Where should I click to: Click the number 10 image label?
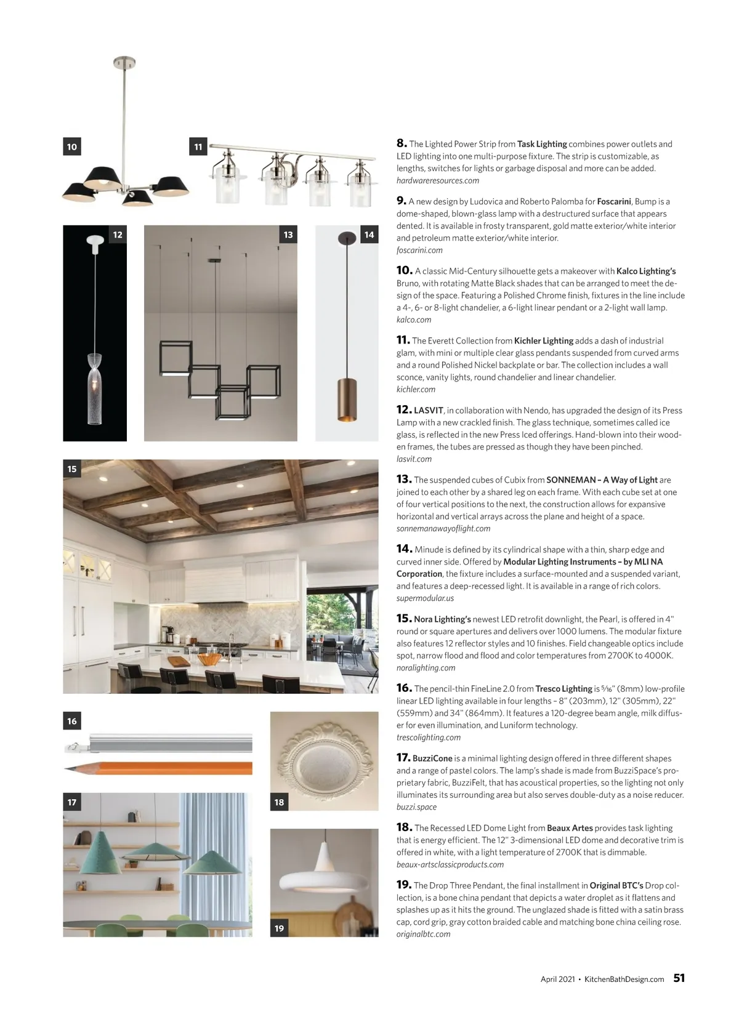[72, 147]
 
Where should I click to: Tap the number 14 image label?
[369, 235]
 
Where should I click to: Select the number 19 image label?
[279, 928]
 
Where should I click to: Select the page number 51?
[679, 978]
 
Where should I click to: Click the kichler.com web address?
[416, 390]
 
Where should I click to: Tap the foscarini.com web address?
[419, 251]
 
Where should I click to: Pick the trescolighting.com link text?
[428, 738]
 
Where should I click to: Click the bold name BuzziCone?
[432, 759]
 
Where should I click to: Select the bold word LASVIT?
[429, 411]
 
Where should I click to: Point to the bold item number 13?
[403, 479]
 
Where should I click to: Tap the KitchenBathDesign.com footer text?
[624, 979]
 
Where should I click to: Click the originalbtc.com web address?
[423, 935]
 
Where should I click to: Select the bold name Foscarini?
[613, 202]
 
